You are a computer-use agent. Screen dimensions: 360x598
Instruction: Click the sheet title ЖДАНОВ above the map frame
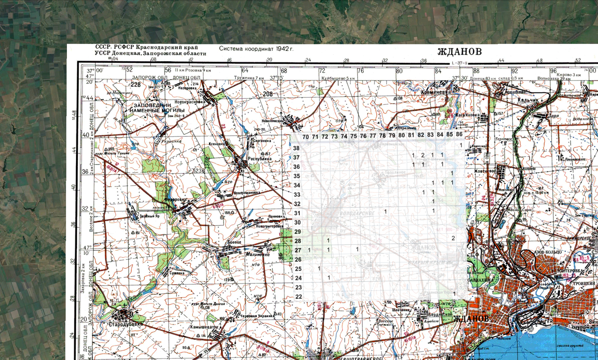pyautogui.click(x=459, y=52)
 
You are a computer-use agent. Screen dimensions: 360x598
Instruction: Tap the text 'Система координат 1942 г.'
pyautogui.click(x=256, y=48)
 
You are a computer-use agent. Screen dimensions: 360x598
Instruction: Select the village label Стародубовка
pyautogui.click(x=126, y=324)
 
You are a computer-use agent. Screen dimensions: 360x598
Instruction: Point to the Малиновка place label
pyautogui.click(x=258, y=254)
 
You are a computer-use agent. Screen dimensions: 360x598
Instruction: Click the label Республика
pyautogui.click(x=260, y=159)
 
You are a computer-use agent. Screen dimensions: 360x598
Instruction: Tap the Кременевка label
pyautogui.click(x=435, y=92)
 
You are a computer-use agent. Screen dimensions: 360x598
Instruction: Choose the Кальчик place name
pyautogui.click(x=528, y=100)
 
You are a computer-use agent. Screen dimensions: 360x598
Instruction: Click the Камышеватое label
pyautogui.click(x=204, y=327)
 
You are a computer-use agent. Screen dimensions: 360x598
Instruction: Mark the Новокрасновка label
pyautogui.click(x=190, y=102)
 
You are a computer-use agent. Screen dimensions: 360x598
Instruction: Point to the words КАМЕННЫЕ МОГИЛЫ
pyautogui.click(x=158, y=110)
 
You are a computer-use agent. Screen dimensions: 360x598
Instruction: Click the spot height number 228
pyautogui.click(x=135, y=85)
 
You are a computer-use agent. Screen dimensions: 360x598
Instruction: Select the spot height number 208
pyautogui.click(x=268, y=94)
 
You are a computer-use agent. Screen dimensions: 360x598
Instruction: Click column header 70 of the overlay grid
pyautogui.click(x=305, y=137)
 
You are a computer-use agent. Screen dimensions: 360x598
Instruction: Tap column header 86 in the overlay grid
pyautogui.click(x=459, y=134)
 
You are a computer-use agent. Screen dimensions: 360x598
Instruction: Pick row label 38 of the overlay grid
pyautogui.click(x=296, y=148)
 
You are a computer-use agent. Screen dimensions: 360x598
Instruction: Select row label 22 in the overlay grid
pyautogui.click(x=299, y=297)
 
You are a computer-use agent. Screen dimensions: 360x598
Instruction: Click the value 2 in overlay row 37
pyautogui.click(x=423, y=155)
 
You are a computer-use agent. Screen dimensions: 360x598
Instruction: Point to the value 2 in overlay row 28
pyautogui.click(x=453, y=238)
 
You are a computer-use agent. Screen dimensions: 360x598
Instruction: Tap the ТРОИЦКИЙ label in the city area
pyautogui.click(x=584, y=284)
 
